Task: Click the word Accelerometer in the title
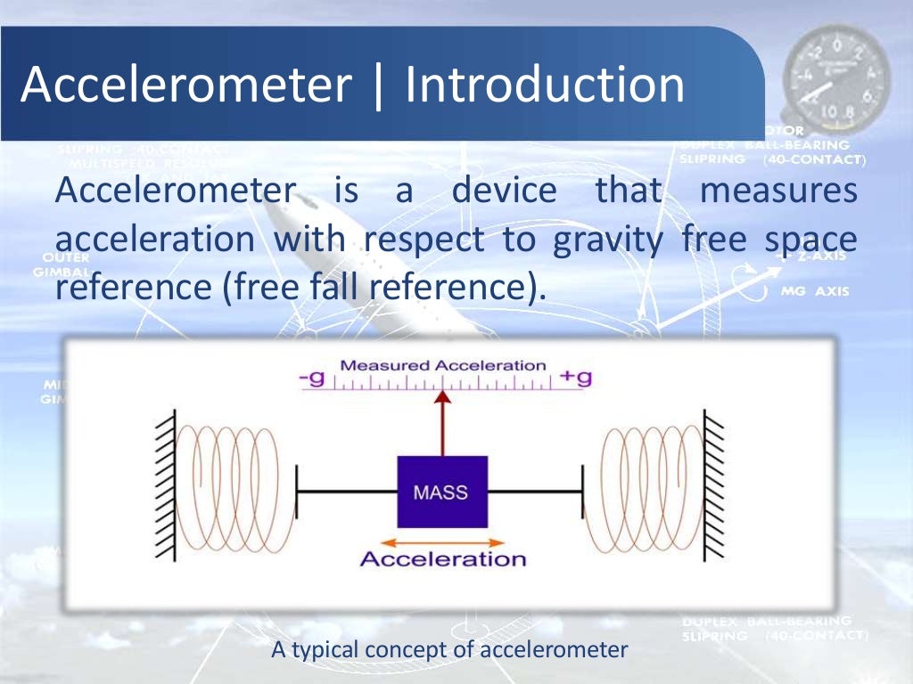pos(185,85)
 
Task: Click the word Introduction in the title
pos(545,85)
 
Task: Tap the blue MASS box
pos(442,492)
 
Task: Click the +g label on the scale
pos(576,378)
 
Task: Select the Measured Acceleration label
pos(443,365)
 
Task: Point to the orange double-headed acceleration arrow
pos(442,541)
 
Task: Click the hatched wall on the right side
pos(716,490)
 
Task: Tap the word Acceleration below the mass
pos(443,559)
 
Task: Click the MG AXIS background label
pos(815,291)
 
